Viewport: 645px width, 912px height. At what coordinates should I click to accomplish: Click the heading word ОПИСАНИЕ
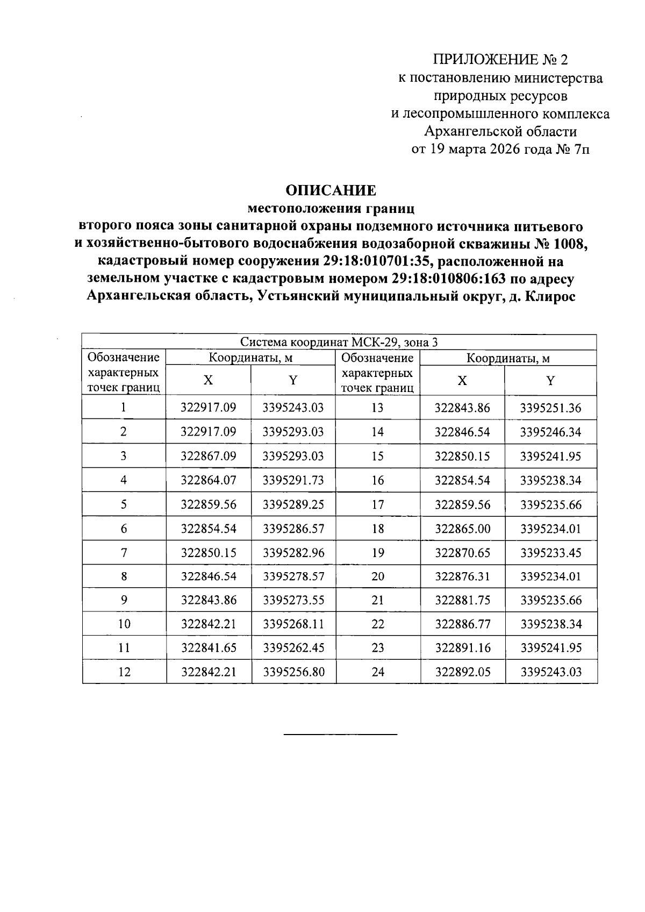tap(331, 190)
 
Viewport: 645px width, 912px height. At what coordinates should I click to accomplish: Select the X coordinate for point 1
tap(208, 408)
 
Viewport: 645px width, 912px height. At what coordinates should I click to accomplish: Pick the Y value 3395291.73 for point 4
tap(293, 480)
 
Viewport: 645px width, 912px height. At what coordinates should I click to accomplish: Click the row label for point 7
tap(124, 552)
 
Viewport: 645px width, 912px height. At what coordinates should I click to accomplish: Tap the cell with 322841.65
tap(208, 648)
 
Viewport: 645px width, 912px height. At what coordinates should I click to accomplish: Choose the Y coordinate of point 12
tap(293, 672)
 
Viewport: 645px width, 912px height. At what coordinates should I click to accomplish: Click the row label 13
tap(377, 408)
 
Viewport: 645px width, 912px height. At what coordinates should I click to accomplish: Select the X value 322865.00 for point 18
tap(462, 529)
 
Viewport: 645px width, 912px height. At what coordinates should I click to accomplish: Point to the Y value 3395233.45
tap(551, 552)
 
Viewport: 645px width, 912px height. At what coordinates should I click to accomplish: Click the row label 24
tap(377, 672)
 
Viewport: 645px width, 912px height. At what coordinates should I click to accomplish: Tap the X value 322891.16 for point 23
tap(462, 648)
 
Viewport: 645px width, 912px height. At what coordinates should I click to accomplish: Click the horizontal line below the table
tap(340, 734)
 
